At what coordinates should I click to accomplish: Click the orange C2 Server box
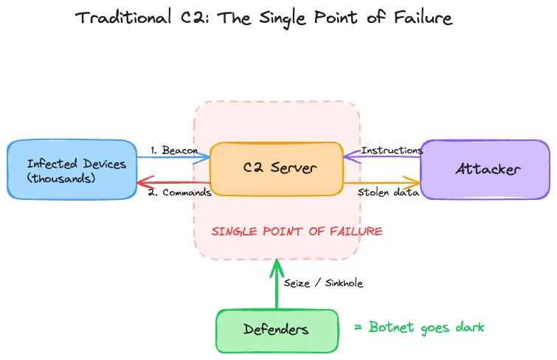coord(277,169)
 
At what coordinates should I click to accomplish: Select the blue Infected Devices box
coord(72,169)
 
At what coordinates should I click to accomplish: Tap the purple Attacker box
coord(485,169)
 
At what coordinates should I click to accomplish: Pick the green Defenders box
coord(277,330)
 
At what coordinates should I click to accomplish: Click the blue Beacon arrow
coord(173,157)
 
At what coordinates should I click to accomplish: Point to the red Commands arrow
coord(173,183)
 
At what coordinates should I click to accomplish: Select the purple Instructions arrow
coord(382,156)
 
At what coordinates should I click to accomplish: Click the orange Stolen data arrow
coord(382,183)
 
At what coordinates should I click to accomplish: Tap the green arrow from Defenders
coord(277,284)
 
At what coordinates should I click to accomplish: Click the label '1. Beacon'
coord(174,150)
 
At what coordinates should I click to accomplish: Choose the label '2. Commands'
coord(180,193)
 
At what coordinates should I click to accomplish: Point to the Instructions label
coord(392,150)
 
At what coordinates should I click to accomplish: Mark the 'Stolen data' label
coord(388,193)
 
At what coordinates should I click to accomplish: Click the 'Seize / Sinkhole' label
coord(323,283)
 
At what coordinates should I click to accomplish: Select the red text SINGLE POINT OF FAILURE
coord(297,232)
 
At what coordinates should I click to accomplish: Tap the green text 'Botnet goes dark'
coord(426,328)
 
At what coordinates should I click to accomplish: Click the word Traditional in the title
coord(123,17)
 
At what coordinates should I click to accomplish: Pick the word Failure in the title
coord(423,18)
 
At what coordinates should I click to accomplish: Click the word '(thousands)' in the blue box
coord(61,178)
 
